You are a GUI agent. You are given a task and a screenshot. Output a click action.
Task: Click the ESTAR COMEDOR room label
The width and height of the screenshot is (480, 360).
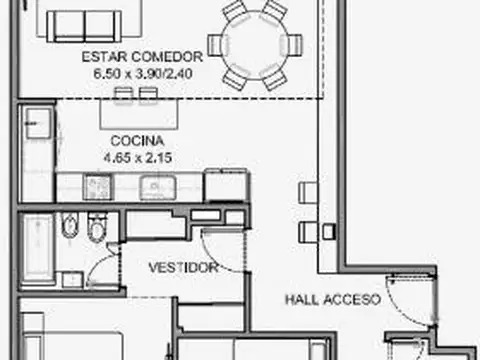(142, 57)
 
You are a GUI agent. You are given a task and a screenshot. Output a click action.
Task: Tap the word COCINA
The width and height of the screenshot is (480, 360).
(131, 142)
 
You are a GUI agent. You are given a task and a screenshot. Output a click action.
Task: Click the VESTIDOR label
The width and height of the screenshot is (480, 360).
(183, 268)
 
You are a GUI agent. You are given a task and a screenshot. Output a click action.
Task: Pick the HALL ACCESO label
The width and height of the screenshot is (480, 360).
(331, 298)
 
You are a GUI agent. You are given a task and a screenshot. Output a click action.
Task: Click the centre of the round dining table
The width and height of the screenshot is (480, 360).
(260, 45)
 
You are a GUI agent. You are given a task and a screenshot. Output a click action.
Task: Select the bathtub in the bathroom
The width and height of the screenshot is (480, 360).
(38, 246)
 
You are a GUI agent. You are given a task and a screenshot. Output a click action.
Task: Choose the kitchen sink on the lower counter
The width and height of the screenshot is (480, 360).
(156, 187)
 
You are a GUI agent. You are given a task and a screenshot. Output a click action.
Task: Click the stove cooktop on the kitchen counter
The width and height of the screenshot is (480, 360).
(98, 187)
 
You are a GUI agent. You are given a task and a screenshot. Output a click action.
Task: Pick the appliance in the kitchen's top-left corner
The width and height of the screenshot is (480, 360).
(37, 123)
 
